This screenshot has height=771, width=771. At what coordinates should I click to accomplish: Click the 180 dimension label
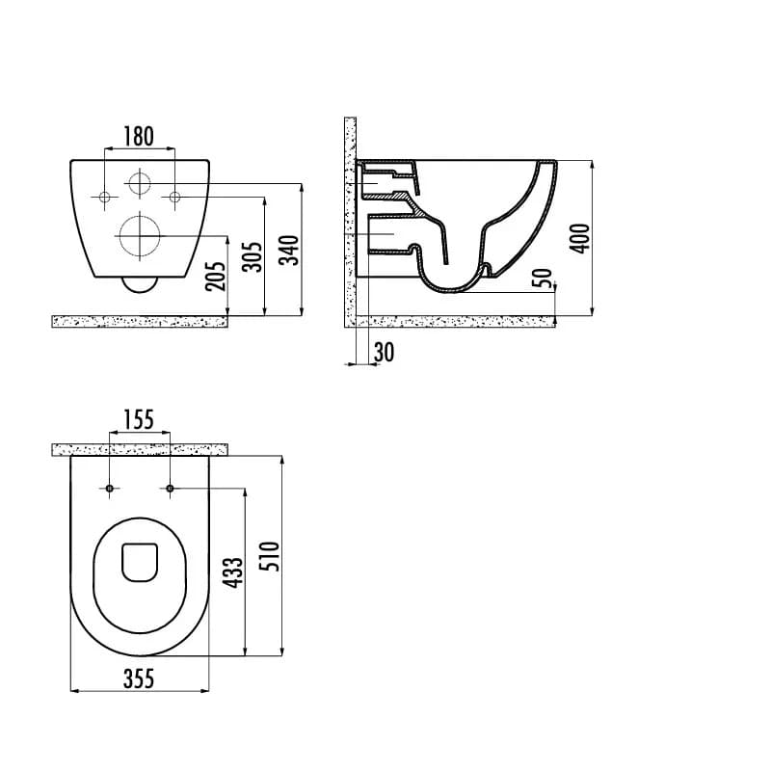(x=138, y=137)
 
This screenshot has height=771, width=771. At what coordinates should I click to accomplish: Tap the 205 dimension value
(x=216, y=277)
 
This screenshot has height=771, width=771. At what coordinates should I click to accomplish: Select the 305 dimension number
(x=253, y=256)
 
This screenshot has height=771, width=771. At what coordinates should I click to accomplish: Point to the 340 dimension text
(x=289, y=251)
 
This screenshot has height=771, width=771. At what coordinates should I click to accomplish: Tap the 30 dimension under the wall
(x=384, y=353)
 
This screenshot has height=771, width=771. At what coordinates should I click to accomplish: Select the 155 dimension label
(x=138, y=419)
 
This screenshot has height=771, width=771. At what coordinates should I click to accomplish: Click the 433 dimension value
(x=232, y=572)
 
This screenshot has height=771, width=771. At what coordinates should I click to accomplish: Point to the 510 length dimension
(x=270, y=556)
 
